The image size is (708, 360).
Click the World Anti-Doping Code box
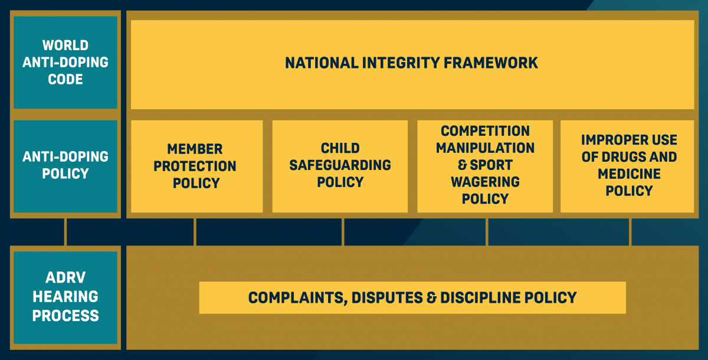click(x=65, y=62)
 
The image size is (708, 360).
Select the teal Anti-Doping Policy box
click(x=65, y=165)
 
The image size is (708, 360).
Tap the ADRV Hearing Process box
click(x=65, y=297)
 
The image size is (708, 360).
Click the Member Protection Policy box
click(x=196, y=166)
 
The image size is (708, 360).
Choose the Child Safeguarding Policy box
click(x=340, y=165)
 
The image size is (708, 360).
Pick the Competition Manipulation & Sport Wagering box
click(x=485, y=165)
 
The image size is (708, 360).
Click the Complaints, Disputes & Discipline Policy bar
click(x=412, y=297)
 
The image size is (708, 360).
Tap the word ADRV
click(x=65, y=279)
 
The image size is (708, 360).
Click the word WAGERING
click(x=485, y=182)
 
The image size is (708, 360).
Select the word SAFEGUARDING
click(x=340, y=165)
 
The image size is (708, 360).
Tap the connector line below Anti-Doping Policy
click(x=65, y=232)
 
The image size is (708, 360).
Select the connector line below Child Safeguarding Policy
click(x=343, y=232)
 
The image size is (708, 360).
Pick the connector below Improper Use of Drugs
click(x=630, y=232)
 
